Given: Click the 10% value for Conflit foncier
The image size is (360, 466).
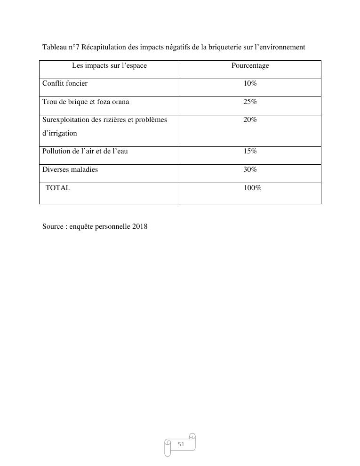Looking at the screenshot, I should tap(250, 84).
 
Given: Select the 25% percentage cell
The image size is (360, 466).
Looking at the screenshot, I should tap(250, 102).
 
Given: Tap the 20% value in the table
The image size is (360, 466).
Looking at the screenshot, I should tap(250, 120).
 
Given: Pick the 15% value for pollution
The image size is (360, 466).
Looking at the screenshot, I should tap(250, 151).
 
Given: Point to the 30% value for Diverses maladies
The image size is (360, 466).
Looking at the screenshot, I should tap(250, 169).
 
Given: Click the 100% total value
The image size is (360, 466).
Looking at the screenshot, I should tap(252, 188).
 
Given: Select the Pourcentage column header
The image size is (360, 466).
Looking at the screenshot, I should tap(250, 66).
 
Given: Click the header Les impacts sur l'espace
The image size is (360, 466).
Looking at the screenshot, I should tap(109, 66).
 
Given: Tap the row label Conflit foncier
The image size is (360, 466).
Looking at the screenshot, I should tap(65, 84).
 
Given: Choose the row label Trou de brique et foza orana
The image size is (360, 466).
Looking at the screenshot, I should tap(86, 102).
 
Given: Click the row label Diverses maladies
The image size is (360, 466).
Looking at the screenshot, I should tap(70, 169).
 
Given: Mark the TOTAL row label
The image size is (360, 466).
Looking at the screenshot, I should tap(58, 188).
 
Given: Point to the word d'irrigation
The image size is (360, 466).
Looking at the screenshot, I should tap(60, 133).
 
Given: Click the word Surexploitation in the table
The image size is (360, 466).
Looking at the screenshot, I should tap(65, 120).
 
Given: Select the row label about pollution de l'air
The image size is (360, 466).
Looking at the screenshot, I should tap(85, 151).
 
